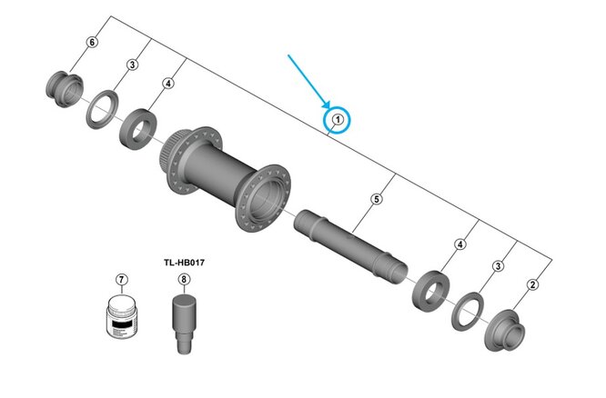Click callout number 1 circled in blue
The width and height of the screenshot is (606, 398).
337,119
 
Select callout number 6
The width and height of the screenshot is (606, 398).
91,43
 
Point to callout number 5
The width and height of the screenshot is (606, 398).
376,198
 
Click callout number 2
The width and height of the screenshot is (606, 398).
532,285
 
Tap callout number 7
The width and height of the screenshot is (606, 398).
122,278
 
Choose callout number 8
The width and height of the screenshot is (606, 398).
185,278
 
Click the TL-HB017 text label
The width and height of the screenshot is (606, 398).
184,262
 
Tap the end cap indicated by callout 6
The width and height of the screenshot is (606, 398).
61,86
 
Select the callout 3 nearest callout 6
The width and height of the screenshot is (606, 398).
131,65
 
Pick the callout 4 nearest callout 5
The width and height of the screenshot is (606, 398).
460,244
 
